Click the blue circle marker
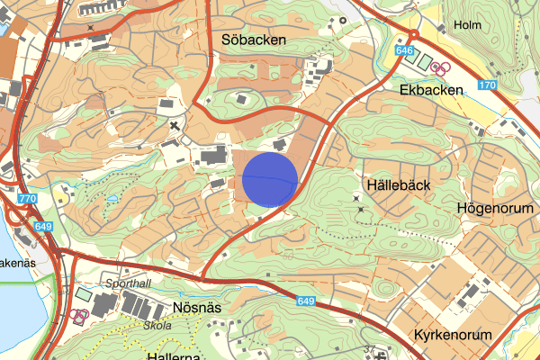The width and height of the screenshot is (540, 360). [x=270, y=179]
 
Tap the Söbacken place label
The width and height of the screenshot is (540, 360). [x=253, y=40]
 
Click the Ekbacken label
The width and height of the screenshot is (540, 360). [x=432, y=90]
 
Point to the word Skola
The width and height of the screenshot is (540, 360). [x=157, y=325]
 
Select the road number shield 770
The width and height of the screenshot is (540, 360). [x=27, y=199]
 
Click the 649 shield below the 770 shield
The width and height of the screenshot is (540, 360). [x=42, y=228]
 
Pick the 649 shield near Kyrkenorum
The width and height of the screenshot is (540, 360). [x=304, y=301]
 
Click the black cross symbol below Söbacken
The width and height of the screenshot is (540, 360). [x=175, y=126]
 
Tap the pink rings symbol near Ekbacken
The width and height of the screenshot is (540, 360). [x=440, y=68]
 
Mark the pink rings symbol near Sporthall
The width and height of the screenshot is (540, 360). [x=80, y=316]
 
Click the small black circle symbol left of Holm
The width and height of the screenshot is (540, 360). [x=343, y=20]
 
